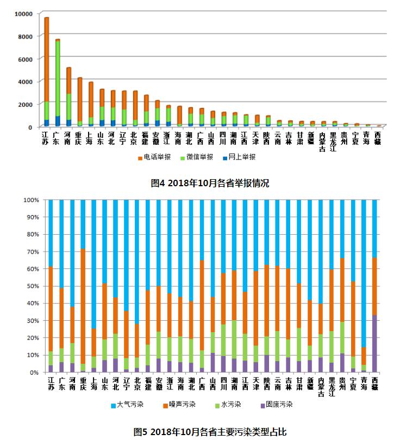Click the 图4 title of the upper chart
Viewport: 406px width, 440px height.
210,183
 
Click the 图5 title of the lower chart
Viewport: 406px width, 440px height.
210,432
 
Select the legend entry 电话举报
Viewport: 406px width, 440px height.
154,157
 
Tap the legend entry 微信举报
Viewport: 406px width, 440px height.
197,157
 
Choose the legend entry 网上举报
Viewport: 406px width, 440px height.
239,157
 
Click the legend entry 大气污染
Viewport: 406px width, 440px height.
127,405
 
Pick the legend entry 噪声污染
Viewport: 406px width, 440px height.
179,405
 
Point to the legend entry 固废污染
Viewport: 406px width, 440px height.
277,405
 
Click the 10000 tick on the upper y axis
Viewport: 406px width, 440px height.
23,14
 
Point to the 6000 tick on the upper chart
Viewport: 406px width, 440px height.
26,59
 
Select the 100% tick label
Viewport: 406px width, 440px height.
31,200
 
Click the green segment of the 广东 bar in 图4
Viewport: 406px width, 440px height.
58,78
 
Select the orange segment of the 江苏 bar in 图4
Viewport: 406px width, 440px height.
47,59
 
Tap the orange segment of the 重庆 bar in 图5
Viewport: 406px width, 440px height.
83,307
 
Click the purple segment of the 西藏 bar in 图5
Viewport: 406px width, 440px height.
374,344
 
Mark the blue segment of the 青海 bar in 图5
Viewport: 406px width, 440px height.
364,273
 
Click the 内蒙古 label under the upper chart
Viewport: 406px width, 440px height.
322,142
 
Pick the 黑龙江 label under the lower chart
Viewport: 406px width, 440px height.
332,387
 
